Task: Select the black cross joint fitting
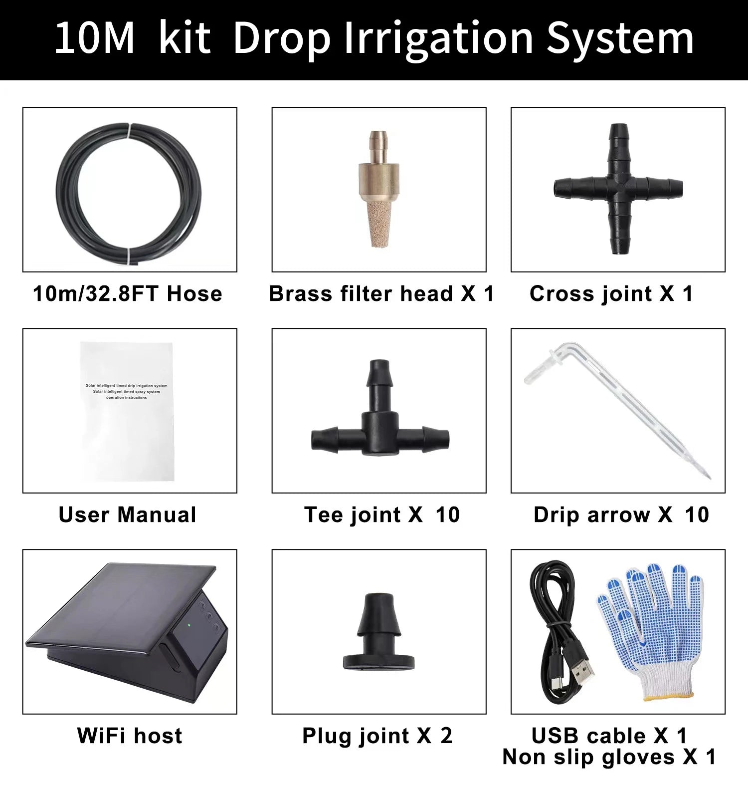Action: [618, 189]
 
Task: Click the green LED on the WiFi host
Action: [189, 624]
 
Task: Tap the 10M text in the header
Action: [94, 39]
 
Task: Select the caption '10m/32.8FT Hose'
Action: [128, 294]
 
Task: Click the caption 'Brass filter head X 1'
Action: [381, 294]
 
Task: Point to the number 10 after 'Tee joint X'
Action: [447, 515]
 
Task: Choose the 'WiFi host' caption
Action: [130, 736]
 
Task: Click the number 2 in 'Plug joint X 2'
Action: [446, 736]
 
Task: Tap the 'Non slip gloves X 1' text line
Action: [609, 757]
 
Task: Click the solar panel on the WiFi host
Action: [120, 604]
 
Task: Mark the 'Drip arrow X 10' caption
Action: [621, 515]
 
